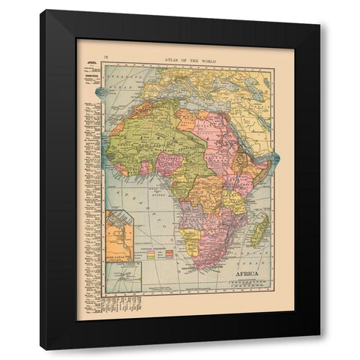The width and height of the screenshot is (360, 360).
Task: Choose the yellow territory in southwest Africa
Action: (192, 244)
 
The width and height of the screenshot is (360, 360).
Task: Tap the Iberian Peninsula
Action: (132, 87)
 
